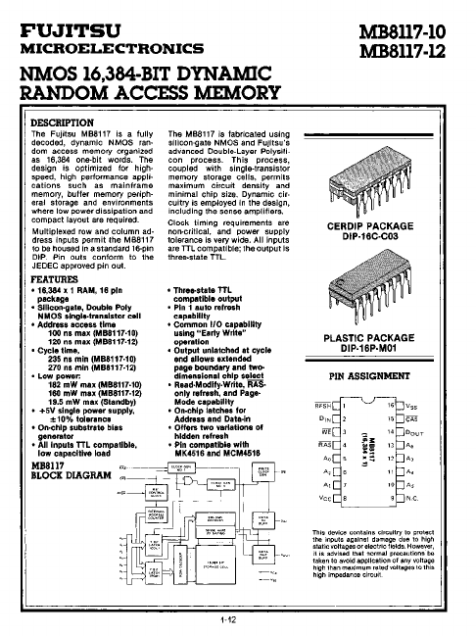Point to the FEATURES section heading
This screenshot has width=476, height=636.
pyautogui.click(x=50, y=279)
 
